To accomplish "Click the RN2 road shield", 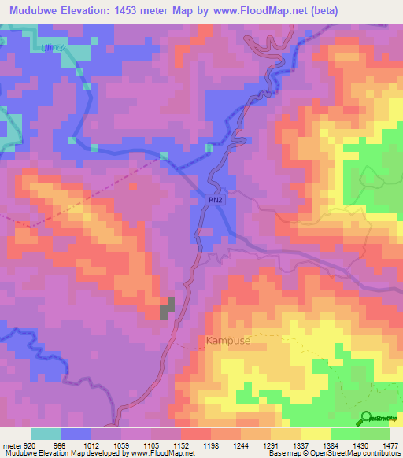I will click(x=216, y=201).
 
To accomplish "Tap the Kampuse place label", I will click(x=227, y=342).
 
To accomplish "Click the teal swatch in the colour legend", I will click(x=46, y=434).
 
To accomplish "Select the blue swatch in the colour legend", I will click(x=76, y=434).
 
